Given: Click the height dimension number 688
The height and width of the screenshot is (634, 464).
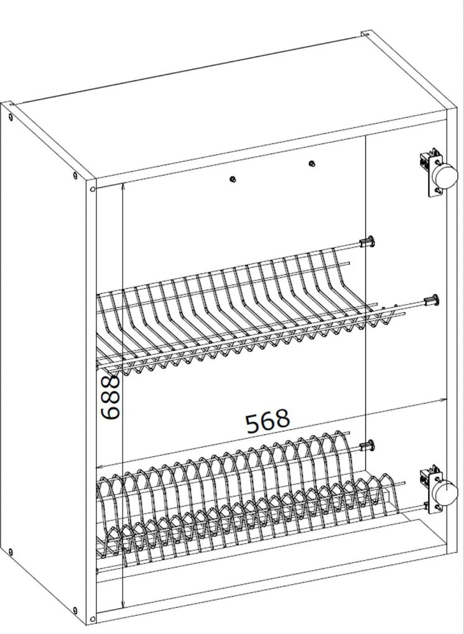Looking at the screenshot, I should [110, 396].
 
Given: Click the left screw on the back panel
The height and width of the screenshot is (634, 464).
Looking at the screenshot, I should [233, 179].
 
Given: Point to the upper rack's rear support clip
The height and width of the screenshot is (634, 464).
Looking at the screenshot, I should [369, 241].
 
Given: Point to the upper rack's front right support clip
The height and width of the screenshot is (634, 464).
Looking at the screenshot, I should [431, 301].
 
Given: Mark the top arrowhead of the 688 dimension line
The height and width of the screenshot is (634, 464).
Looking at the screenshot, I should [124, 186].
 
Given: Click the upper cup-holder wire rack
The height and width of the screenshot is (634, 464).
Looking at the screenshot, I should [236, 311].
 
